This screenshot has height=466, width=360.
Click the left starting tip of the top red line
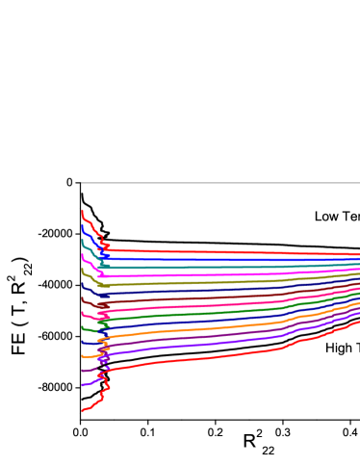(x=83, y=211)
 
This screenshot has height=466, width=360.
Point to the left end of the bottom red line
(x=83, y=410)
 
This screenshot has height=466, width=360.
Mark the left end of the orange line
(x=83, y=356)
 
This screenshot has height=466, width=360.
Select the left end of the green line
(x=83, y=328)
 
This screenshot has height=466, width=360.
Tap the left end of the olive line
(x=83, y=269)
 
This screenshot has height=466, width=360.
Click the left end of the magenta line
(x=83, y=254)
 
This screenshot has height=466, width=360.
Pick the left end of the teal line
(x=83, y=240)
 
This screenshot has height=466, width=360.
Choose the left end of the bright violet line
(x=83, y=385)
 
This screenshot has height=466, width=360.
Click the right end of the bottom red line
(x=358, y=323)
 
